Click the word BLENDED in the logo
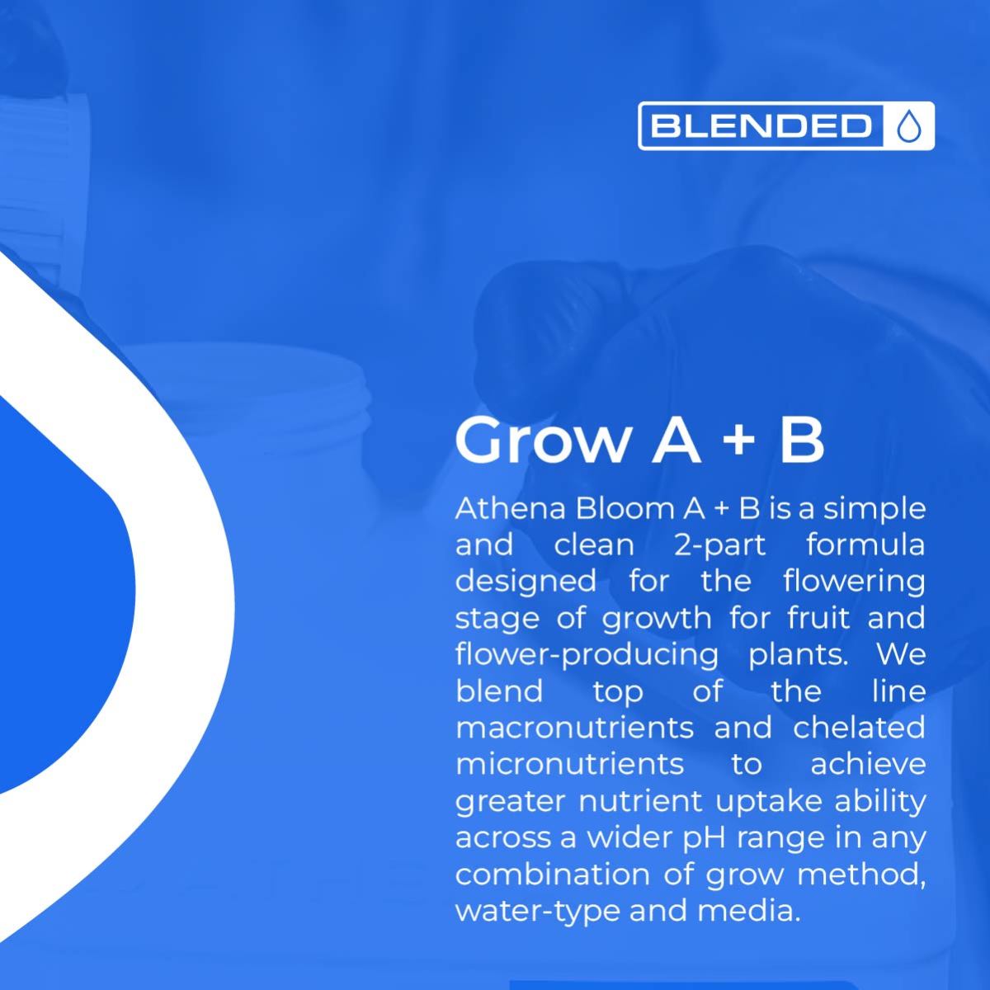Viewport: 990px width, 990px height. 761,126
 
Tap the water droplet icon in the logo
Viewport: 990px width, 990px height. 908,126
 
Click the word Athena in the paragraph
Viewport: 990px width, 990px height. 511,509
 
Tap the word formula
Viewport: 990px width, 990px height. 865,545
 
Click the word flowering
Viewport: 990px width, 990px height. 855,582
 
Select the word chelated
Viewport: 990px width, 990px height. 859,728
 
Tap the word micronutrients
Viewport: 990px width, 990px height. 570,765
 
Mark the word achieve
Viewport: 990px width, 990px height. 868,765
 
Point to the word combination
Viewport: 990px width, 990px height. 553,875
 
